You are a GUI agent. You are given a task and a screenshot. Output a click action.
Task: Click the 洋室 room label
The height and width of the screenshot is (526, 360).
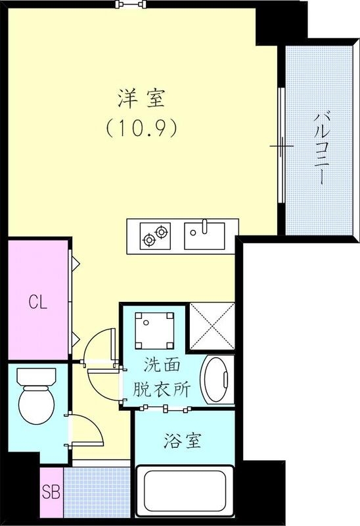(141, 100)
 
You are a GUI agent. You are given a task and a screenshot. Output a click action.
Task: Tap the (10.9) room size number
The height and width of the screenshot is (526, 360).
(141, 129)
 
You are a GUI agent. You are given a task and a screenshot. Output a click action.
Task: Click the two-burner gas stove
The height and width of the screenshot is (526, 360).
(155, 235)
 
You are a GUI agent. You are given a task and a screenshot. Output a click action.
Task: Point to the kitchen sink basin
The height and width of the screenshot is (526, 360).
(204, 235)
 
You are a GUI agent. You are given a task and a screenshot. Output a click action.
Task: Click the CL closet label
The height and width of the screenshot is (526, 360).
(37, 302)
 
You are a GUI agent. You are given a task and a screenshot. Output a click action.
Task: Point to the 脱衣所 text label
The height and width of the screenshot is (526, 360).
(161, 389)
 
